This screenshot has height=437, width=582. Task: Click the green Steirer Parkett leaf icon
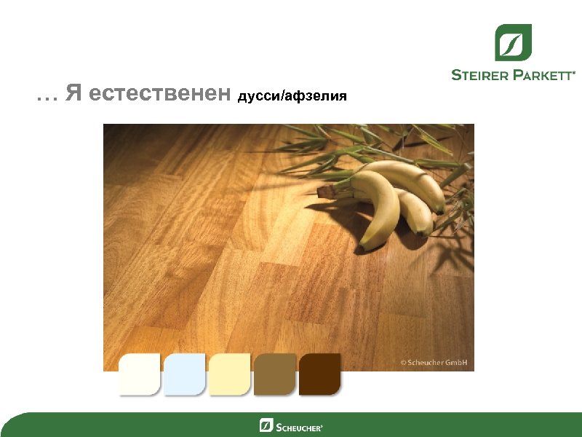click(x=513, y=42)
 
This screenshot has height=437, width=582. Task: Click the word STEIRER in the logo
click(x=480, y=74)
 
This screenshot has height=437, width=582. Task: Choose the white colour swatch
click(x=139, y=374)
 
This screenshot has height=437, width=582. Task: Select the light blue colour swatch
click(x=184, y=374)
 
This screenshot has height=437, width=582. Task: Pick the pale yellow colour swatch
click(x=229, y=374)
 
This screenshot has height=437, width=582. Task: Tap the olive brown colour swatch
click(x=274, y=374)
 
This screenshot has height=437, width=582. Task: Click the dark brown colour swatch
click(x=319, y=374)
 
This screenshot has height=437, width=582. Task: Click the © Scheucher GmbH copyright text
click(x=434, y=362)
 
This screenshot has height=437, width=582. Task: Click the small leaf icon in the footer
click(x=266, y=425)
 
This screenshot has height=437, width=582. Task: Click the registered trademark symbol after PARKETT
click(x=575, y=72)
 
